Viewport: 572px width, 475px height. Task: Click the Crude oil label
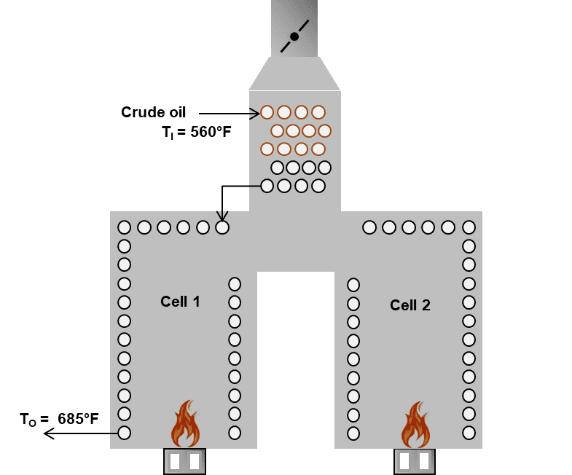[x=154, y=112]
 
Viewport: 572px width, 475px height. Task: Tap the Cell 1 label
[x=180, y=301]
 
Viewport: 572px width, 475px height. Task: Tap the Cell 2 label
[x=410, y=305]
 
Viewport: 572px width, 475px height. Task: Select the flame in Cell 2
[x=415, y=425]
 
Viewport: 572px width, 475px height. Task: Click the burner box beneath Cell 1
[x=184, y=461]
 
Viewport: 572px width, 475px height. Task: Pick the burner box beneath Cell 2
[x=415, y=462]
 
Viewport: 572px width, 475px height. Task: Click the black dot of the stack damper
[x=294, y=36]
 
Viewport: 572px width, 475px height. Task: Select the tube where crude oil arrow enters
[x=267, y=112]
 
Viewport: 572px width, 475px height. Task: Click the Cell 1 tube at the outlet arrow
[x=125, y=433]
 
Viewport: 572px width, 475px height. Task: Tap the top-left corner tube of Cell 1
[x=125, y=227]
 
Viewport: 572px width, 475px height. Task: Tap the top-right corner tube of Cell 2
[x=469, y=227]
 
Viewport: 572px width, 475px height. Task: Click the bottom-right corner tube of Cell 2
[x=469, y=433]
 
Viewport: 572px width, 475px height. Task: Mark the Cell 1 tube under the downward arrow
[x=222, y=227]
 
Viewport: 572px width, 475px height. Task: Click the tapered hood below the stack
[x=294, y=74]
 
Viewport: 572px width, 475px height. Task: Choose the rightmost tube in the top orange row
[x=318, y=112]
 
